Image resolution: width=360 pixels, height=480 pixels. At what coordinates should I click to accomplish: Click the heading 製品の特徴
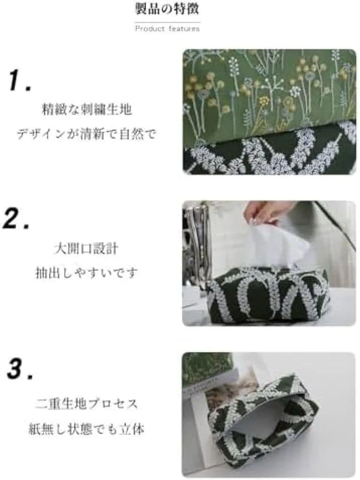click(167, 9)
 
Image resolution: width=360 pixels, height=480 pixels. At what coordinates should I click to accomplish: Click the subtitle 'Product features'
click(168, 29)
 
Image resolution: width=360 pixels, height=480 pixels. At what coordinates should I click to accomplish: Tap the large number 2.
click(17, 217)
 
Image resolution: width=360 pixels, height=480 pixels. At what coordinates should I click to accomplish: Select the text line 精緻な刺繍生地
click(86, 109)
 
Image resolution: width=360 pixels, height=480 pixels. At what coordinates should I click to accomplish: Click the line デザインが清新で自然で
click(86, 134)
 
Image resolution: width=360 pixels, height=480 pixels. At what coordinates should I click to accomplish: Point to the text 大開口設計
click(86, 249)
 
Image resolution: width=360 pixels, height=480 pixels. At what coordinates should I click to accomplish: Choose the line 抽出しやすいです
click(86, 273)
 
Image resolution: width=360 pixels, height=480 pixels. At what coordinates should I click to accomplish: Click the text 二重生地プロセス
click(86, 404)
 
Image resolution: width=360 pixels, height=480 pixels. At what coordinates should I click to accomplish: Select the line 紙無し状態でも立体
click(86, 429)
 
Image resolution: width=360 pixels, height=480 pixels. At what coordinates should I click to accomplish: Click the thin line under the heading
click(168, 23)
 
